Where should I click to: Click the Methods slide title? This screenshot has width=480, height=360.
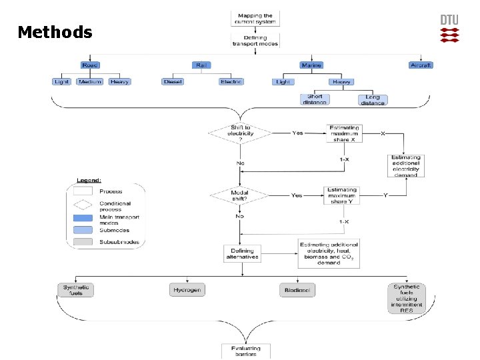55,32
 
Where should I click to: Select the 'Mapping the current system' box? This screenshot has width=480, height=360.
255,19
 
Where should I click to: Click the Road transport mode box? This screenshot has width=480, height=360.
90,65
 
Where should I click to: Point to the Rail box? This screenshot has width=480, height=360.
201,65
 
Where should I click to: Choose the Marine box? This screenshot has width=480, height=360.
311,65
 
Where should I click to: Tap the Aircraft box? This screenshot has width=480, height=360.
421,65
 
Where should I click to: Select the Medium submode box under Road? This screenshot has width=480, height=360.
90,81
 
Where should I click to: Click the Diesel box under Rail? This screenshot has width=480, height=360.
173,81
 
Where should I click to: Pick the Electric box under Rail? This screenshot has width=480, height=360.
231,81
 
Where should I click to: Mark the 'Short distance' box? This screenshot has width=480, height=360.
315,99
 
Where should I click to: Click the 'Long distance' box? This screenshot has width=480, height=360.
373,99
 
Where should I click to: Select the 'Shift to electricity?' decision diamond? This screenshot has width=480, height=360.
240,133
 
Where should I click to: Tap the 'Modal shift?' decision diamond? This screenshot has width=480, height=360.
240,195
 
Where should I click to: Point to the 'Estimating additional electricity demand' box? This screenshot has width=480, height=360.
406,166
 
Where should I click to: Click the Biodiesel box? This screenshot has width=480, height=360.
297,289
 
